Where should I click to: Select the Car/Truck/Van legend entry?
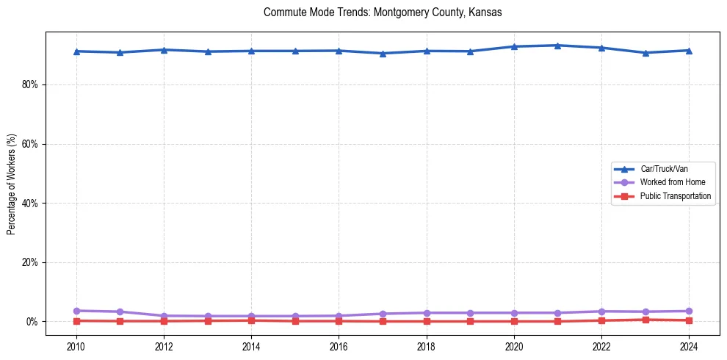point(664,169)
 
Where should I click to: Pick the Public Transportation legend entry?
point(675,196)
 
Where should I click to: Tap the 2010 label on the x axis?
point(76,345)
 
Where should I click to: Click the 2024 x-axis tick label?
point(690,345)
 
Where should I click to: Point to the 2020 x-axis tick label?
point(514,345)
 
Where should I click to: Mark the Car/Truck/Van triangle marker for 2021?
point(558,46)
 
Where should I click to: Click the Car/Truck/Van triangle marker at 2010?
point(76,51)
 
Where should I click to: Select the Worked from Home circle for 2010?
point(76,311)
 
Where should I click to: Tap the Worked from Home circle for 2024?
point(690,311)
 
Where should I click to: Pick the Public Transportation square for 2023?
point(645,320)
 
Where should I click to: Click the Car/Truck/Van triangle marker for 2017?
point(383,54)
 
